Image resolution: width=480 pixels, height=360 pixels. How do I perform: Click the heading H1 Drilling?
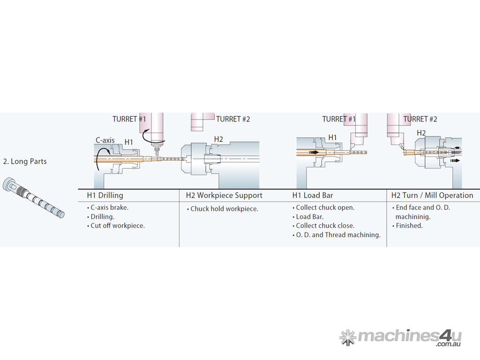pyautogui.click(x=105, y=195)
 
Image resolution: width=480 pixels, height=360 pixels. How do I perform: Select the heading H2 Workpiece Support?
pyautogui.click(x=224, y=195)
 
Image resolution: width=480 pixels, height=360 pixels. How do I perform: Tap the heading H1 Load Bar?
pyautogui.click(x=312, y=195)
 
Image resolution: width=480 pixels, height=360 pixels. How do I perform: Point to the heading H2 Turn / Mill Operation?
pyautogui.click(x=432, y=195)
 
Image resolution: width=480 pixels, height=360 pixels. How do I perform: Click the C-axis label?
pyautogui.click(x=105, y=140)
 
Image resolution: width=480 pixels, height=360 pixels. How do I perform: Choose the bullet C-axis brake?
pyautogui.click(x=109, y=208)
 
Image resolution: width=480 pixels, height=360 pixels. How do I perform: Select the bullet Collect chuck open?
pyautogui.click(x=325, y=208)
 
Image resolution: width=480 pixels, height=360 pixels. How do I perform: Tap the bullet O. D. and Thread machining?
pyautogui.click(x=338, y=235)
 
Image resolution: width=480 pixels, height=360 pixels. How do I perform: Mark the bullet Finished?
pyautogui.click(x=409, y=225)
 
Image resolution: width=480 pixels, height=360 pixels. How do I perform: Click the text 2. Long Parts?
pyautogui.click(x=25, y=161)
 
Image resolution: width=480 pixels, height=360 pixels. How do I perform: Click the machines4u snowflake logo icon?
pyautogui.click(x=347, y=337)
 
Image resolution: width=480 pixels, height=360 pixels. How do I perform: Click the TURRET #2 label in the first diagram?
pyautogui.click(x=233, y=119)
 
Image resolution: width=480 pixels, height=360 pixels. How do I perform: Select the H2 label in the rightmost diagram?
pyautogui.click(x=421, y=133)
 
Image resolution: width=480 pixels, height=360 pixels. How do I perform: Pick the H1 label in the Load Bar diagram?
pyautogui.click(x=332, y=137)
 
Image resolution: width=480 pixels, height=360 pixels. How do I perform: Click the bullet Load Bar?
pyautogui.click(x=309, y=217)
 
